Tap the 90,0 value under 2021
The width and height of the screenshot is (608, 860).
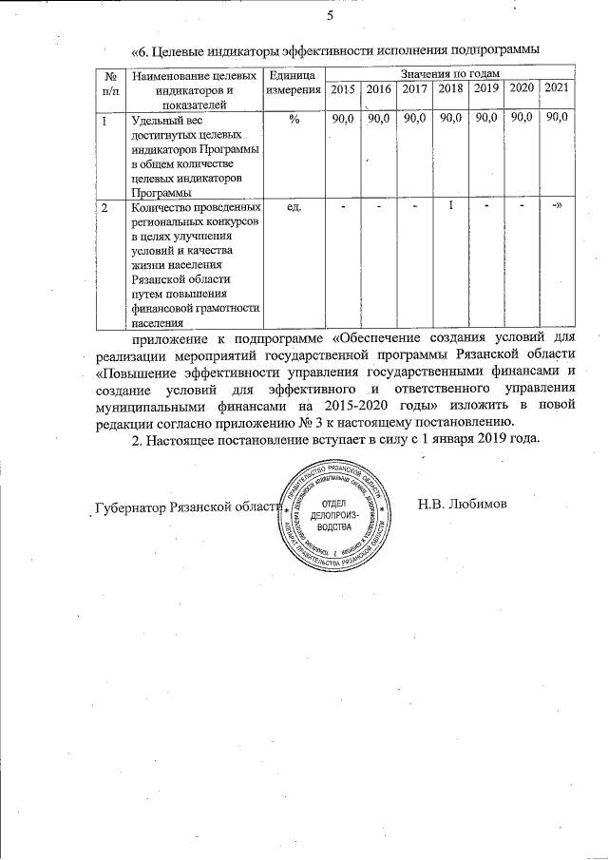point(557,118)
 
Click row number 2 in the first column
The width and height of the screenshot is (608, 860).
point(105,206)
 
